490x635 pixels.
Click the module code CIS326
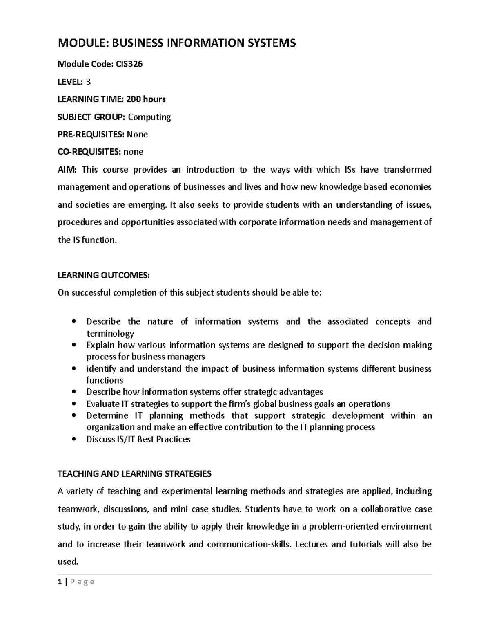(129, 64)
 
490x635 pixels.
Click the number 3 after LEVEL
(88, 82)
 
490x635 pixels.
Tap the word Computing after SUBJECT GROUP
(149, 117)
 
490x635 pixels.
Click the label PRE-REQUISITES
(91, 135)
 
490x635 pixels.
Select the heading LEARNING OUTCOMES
(104, 276)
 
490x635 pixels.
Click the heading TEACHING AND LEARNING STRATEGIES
(134, 474)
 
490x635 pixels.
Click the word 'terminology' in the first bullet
(110, 334)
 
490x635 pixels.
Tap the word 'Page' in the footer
(82, 582)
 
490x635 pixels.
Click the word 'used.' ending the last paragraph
(68, 562)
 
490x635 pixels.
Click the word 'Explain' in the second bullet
(101, 346)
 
